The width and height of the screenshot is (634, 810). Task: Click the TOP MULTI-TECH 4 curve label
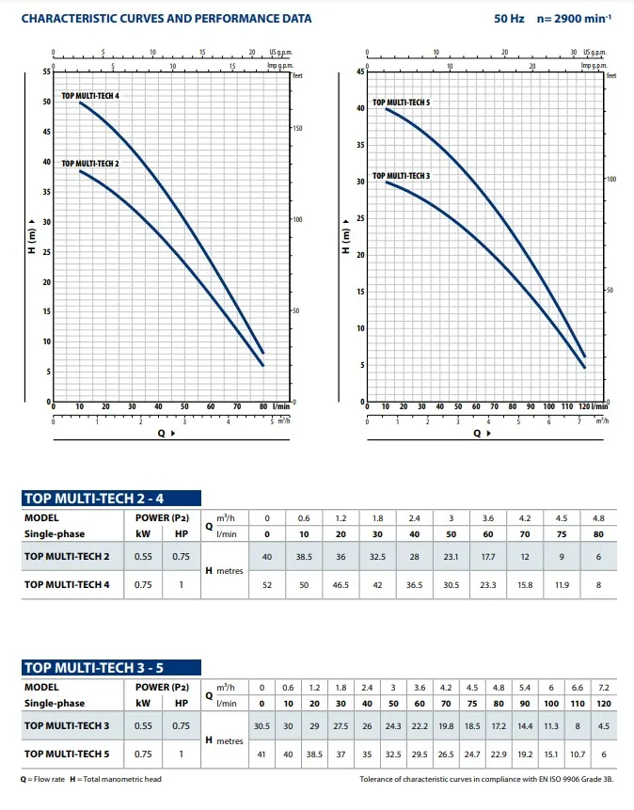point(90,97)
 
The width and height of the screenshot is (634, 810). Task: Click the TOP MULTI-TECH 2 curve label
point(90,164)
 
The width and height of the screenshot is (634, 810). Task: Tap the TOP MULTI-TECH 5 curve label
point(401,102)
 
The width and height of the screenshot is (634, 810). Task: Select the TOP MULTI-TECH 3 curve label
point(401,176)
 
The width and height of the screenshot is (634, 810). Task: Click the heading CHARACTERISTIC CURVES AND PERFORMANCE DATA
point(166,19)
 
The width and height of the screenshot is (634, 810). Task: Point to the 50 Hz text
point(509,19)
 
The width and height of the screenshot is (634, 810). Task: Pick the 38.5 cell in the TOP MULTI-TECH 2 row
point(304,557)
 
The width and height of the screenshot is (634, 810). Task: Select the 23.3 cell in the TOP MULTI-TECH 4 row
point(488,584)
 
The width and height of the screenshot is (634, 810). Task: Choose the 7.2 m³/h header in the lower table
point(605,687)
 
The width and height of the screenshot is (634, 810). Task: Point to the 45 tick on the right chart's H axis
point(359,71)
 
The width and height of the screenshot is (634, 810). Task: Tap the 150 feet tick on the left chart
point(297,127)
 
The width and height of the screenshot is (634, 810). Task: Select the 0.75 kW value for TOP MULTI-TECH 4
point(142,584)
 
